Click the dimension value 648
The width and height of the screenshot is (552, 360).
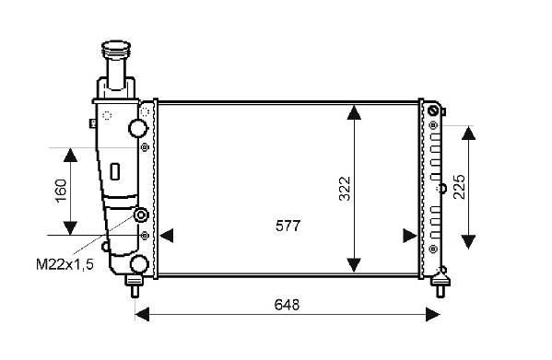pos(287,305)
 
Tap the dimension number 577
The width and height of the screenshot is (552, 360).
pos(288,226)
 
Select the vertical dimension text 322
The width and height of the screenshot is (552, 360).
pos(345,189)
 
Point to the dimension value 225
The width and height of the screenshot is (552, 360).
pos(460,187)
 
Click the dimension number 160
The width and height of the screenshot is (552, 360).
pos(61,191)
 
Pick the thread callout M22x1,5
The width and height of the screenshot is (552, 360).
pos(65,264)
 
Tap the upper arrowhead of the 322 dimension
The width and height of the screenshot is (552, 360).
pos(354,112)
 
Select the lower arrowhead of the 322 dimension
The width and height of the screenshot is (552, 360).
pos(354,265)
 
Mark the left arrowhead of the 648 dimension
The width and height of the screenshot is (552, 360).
pos(142,314)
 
